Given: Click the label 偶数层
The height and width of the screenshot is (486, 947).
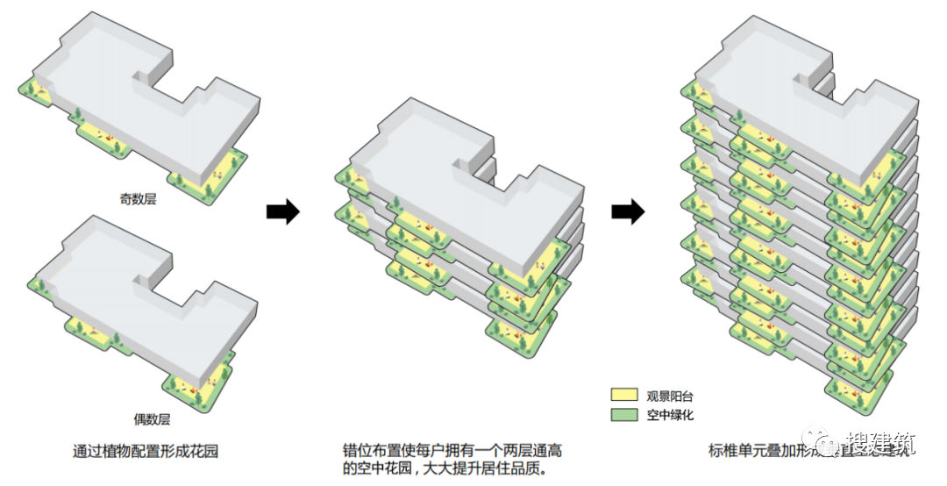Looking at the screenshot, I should (138, 419).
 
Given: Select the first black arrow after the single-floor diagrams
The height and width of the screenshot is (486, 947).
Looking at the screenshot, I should (282, 211).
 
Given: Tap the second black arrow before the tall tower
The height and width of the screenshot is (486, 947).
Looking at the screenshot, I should (628, 211).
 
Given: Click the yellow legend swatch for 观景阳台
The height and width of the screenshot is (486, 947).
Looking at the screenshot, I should (623, 396).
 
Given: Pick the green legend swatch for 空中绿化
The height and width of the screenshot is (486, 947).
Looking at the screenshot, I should (623, 414).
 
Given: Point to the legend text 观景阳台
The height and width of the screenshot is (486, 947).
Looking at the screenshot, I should (670, 396).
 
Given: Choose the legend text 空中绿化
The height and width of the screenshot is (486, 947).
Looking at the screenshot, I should (670, 415).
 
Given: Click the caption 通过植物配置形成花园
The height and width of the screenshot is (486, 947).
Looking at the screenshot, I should (145, 453).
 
